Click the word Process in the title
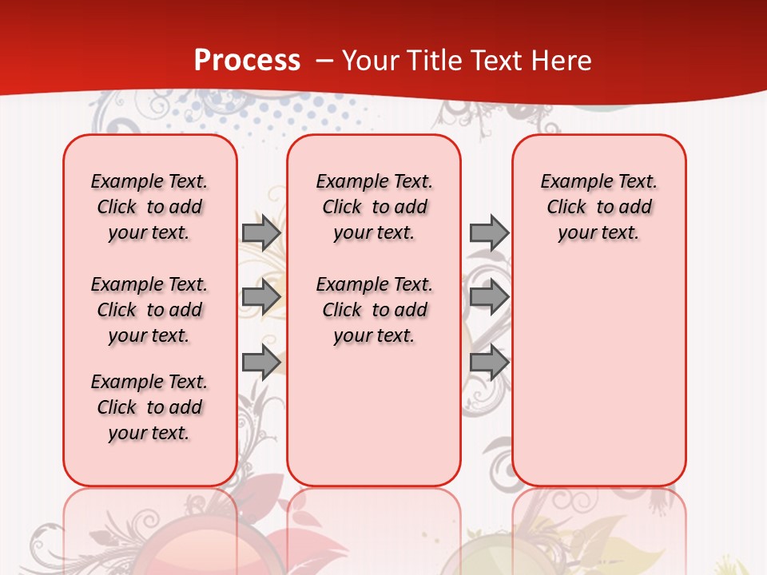pos(247,60)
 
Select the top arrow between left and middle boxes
pos(260,232)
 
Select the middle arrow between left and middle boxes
pos(260,297)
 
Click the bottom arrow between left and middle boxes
pos(260,363)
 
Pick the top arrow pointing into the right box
pos(489,232)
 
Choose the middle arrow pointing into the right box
pos(489,297)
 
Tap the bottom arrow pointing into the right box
pos(489,363)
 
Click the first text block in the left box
pos(149,207)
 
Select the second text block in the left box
pos(149,310)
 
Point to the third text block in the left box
pos(149,407)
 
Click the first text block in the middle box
pos(374,207)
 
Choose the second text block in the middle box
pos(374,310)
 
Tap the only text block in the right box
pos(598,207)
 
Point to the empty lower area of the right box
pos(598,375)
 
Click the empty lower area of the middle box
pos(374,415)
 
